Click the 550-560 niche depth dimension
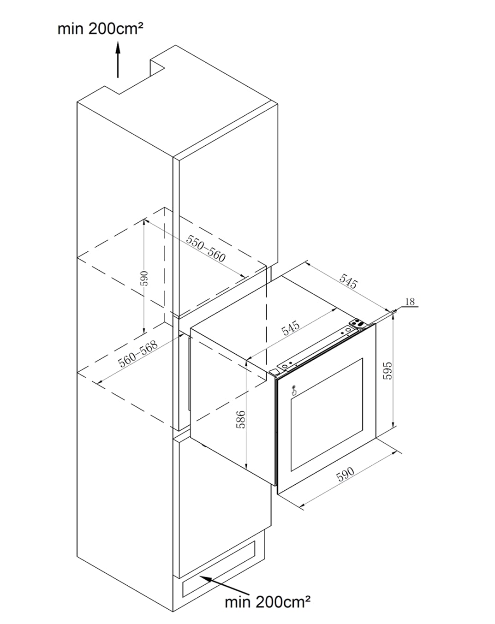[205, 248]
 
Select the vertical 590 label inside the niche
[144, 278]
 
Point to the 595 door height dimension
[388, 371]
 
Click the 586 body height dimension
[240, 419]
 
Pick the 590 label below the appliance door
[345, 475]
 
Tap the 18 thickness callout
[410, 302]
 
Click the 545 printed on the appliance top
[291, 328]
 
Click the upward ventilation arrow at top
[118, 59]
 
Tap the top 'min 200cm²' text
[101, 29]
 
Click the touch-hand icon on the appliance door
[294, 390]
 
